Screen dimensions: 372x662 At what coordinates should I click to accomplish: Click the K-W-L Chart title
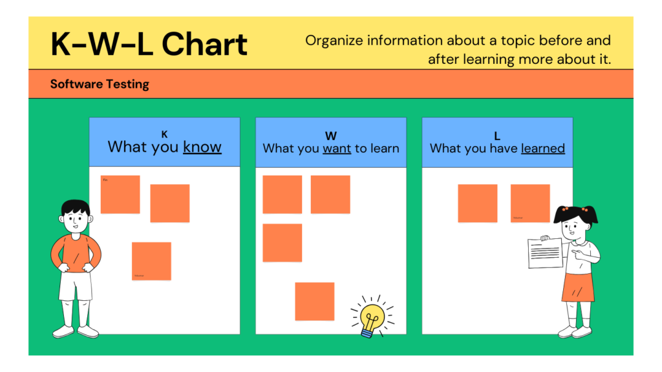tap(149, 44)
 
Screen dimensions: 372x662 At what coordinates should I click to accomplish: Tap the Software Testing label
tap(100, 84)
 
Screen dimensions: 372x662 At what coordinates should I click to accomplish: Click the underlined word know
tap(202, 147)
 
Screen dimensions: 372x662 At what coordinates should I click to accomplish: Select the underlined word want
tap(336, 149)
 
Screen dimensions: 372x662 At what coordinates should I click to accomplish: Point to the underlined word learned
tap(542, 149)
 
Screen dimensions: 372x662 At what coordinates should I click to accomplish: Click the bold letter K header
tap(164, 134)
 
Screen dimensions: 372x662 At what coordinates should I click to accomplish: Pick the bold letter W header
tap(330, 136)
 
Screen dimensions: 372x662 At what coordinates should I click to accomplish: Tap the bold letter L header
tap(497, 136)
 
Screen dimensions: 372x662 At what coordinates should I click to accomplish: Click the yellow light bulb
tap(372, 317)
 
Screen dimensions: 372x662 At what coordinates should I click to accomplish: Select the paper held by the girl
tap(545, 253)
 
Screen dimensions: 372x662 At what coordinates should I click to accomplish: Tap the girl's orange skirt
tap(577, 287)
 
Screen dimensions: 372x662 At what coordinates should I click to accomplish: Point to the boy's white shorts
tap(76, 286)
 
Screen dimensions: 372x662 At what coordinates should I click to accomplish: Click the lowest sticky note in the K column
tap(151, 261)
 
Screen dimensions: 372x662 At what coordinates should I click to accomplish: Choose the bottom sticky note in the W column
tap(315, 301)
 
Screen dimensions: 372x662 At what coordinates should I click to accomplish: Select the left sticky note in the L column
tap(478, 203)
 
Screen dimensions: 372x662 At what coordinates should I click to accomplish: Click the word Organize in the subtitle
tap(334, 41)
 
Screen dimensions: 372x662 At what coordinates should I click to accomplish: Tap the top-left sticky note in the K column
tap(120, 194)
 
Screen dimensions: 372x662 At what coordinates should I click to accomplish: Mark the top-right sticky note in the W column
tap(330, 194)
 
